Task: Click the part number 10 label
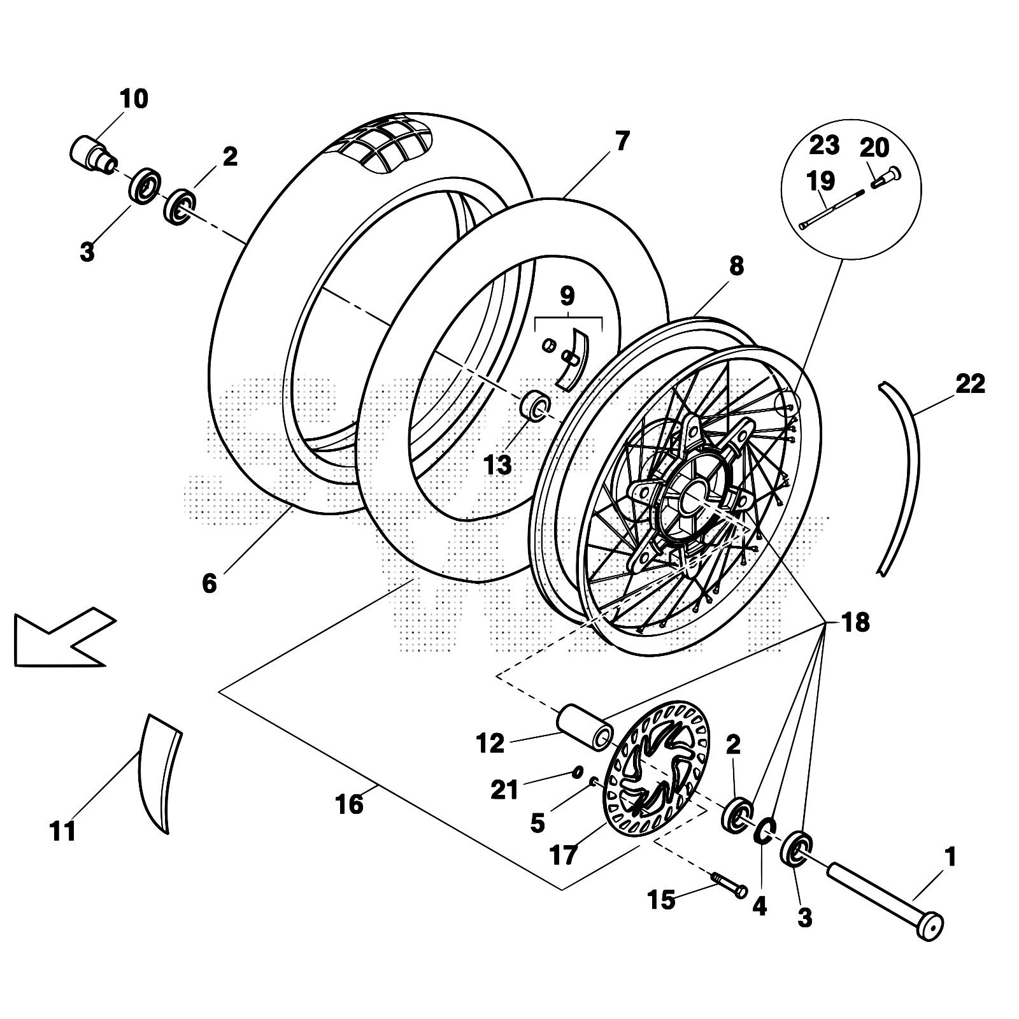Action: [134, 99]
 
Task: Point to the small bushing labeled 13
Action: [535, 406]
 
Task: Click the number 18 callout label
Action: [855, 622]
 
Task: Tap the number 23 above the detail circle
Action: [824, 145]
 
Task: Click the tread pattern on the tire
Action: [388, 143]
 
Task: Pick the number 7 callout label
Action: [622, 141]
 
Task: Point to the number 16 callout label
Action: [349, 804]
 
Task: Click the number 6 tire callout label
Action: [210, 583]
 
